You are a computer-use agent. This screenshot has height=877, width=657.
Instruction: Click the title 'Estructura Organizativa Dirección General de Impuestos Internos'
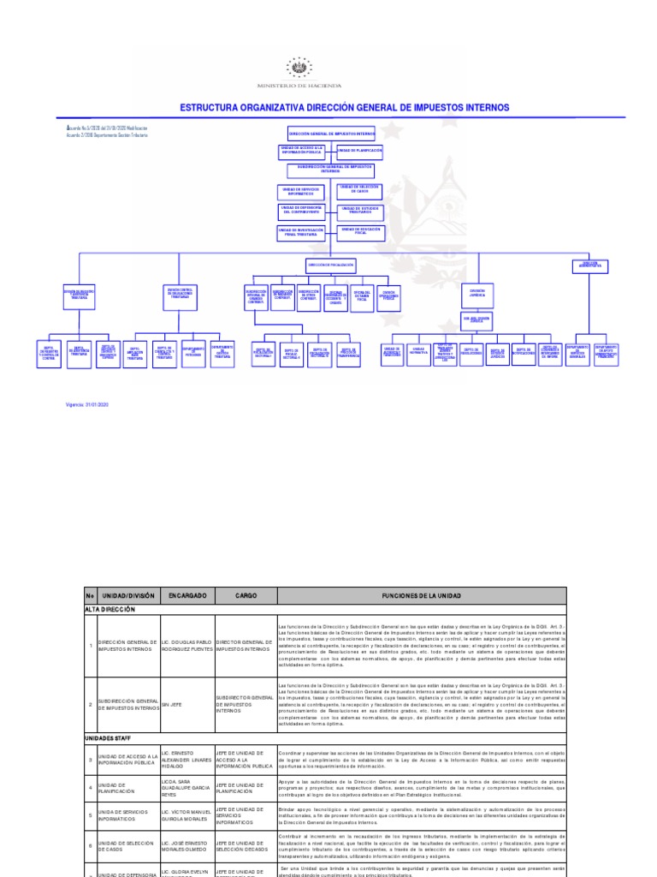344,108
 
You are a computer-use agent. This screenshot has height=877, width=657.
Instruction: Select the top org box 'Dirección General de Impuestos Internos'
330,134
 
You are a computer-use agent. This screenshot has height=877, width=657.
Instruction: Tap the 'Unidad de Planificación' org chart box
359,151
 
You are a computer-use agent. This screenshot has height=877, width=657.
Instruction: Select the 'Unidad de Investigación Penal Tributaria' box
302,231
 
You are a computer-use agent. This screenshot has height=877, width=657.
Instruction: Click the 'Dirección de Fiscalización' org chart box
330,265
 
